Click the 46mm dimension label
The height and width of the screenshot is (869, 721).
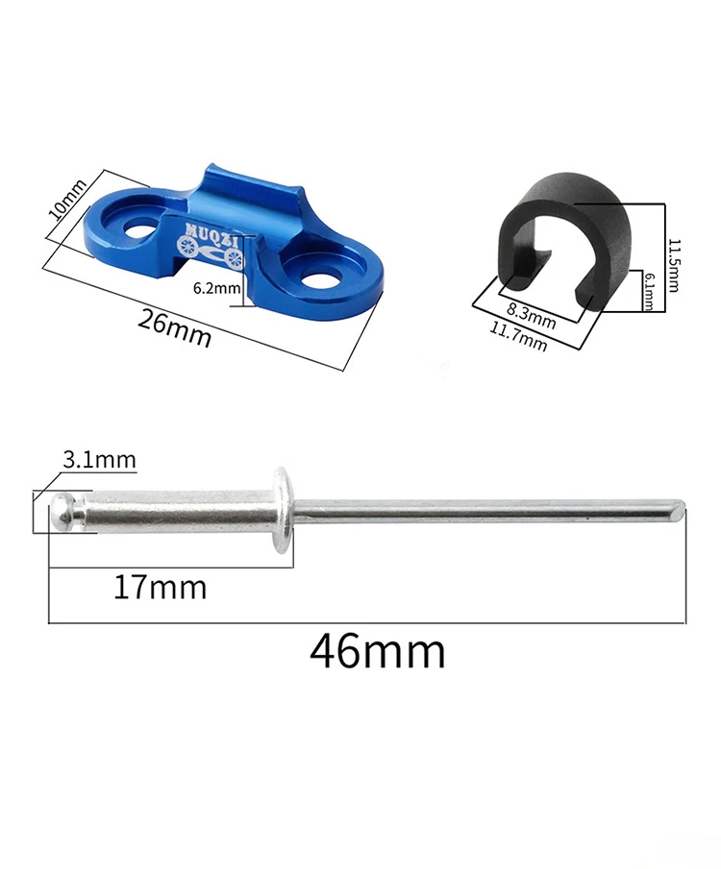coord(378,652)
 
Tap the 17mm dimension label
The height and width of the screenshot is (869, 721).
coord(160,588)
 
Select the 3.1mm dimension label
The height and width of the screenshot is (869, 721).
coord(99,460)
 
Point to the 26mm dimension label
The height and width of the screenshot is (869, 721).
coord(174,328)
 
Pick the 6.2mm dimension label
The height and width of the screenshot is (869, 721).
coord(216,288)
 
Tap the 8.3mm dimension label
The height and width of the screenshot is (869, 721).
coord(532,316)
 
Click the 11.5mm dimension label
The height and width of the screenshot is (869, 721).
coord(673,265)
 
